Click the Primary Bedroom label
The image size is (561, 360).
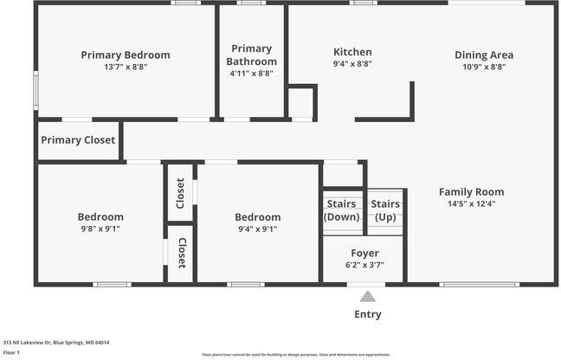tap(126, 55)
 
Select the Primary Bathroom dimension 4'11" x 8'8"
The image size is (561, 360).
tap(252, 74)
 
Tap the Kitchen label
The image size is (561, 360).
tap(352, 52)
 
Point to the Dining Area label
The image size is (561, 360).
tap(483, 55)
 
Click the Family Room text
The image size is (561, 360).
tap(471, 191)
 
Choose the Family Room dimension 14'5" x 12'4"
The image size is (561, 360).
tap(471, 204)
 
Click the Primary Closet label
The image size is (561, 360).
tap(78, 140)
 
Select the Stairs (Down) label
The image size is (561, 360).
tap(342, 210)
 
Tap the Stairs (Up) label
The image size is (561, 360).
tap(386, 210)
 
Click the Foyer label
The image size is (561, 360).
tap(364, 253)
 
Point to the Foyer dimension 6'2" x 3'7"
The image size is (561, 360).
tap(364, 265)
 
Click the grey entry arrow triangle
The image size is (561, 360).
tap(368, 296)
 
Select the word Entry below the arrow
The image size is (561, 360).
tap(368, 314)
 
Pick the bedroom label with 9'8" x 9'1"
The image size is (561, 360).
tap(100, 216)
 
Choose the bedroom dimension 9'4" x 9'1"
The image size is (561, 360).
tap(258, 229)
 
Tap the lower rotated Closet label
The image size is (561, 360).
tap(182, 253)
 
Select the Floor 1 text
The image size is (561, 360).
tap(12, 352)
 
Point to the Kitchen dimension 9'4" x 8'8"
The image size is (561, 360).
tap(352, 65)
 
